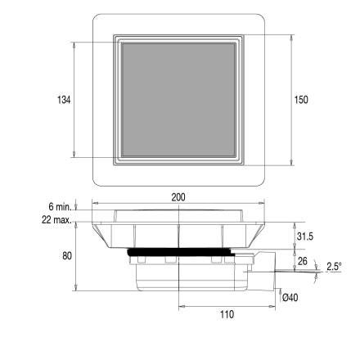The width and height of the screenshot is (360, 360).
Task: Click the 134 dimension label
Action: coord(64,100)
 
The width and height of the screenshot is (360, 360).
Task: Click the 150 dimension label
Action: coord(301,100)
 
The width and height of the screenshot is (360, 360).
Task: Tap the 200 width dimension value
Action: coord(178,197)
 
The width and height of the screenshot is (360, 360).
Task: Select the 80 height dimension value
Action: coord(67,256)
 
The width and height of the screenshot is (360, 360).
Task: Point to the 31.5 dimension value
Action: coord(305,236)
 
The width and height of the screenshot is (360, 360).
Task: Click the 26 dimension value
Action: coord(302,261)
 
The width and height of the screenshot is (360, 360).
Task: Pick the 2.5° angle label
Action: coord(334,266)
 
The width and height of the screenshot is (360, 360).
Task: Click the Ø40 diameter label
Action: coord(290,297)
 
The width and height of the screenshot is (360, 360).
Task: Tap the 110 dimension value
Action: coord(227,314)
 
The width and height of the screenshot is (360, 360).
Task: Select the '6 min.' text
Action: coord(60,207)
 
